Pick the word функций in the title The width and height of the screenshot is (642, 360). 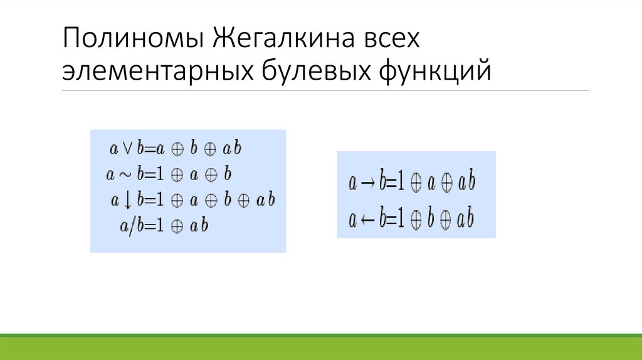[434, 71]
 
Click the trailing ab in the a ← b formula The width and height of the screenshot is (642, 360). [465, 220]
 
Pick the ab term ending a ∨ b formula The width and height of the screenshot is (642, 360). [232, 149]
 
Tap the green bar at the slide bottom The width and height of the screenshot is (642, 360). [321, 347]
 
